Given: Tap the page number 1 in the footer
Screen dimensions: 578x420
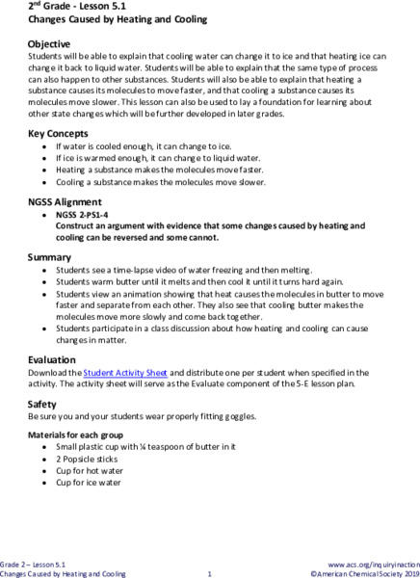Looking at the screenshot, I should point(209,573).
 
